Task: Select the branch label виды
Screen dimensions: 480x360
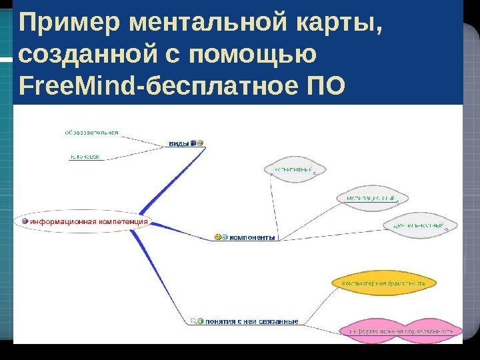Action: click(178, 143)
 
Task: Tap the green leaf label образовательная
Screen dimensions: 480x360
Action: click(91, 133)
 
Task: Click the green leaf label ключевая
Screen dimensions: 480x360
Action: click(85, 157)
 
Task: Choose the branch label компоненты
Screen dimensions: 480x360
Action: click(252, 237)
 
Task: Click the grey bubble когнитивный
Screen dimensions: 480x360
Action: click(293, 170)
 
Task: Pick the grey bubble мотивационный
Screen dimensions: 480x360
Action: click(371, 198)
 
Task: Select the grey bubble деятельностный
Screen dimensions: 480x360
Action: click(419, 225)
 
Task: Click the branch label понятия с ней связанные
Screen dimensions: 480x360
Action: click(251, 321)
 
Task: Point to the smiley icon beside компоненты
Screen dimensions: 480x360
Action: click(217, 237)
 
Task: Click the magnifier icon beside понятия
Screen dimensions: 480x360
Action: click(193, 321)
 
